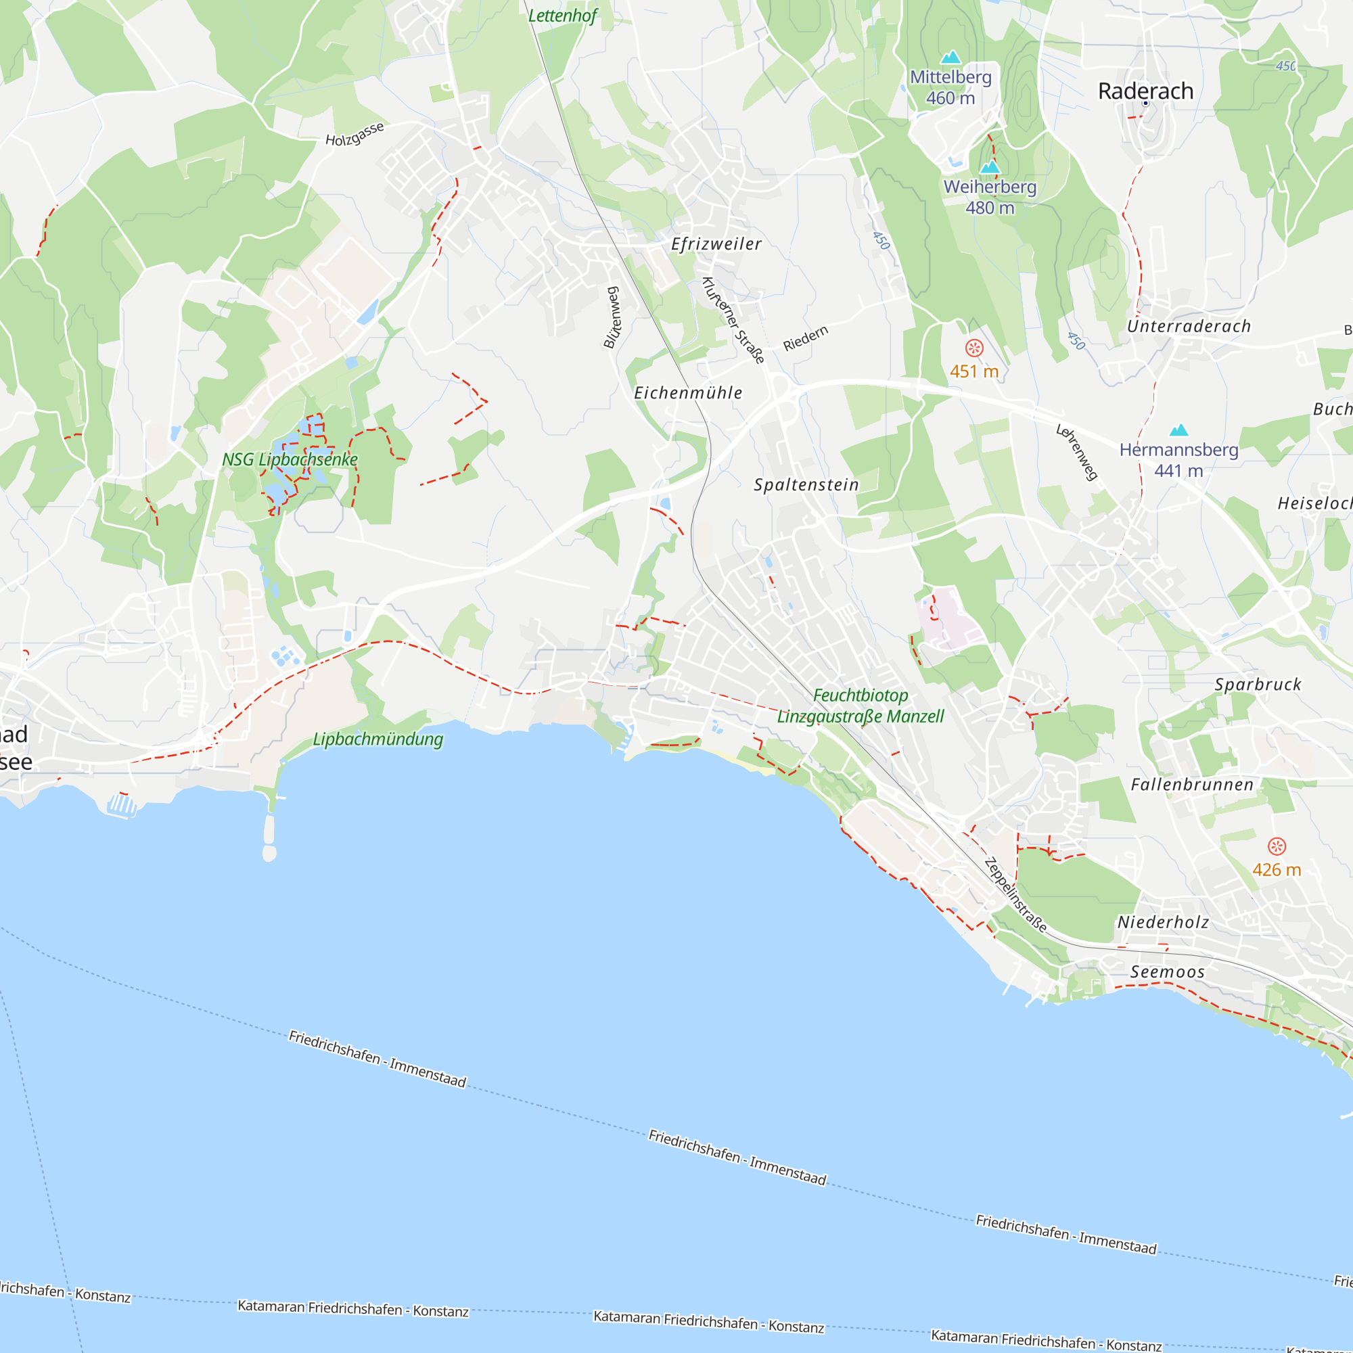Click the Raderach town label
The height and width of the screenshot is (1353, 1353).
pyautogui.click(x=1145, y=91)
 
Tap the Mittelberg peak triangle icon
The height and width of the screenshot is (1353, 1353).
pyautogui.click(x=950, y=58)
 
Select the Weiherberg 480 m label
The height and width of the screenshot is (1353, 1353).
pyautogui.click(x=990, y=198)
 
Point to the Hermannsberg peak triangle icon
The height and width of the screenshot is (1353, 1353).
pyautogui.click(x=1178, y=430)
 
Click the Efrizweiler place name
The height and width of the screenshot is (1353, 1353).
pyautogui.click(x=716, y=244)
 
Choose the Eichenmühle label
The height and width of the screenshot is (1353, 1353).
pyautogui.click(x=688, y=393)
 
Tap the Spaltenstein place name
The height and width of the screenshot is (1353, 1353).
pyautogui.click(x=806, y=484)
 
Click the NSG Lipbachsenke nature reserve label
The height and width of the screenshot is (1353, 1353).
pyautogui.click(x=290, y=459)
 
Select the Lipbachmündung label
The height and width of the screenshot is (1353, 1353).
pyautogui.click(x=377, y=739)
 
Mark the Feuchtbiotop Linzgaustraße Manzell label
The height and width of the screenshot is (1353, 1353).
pyautogui.click(x=861, y=706)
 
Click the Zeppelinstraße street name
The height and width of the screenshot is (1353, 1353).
pyautogui.click(x=1015, y=895)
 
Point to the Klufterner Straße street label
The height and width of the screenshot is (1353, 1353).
pyautogui.click(x=732, y=320)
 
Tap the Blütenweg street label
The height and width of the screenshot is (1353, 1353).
pyautogui.click(x=612, y=317)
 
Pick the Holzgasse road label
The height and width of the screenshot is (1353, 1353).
pyautogui.click(x=354, y=134)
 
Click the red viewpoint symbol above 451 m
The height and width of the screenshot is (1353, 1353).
pyautogui.click(x=974, y=348)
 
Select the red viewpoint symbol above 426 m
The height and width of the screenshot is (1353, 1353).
pyautogui.click(x=1277, y=846)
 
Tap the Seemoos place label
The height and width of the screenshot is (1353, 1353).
pyautogui.click(x=1168, y=971)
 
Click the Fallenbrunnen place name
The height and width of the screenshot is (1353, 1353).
pyautogui.click(x=1192, y=784)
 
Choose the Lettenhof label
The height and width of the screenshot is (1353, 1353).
pyautogui.click(x=562, y=16)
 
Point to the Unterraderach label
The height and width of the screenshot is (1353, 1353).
pyautogui.click(x=1189, y=325)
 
